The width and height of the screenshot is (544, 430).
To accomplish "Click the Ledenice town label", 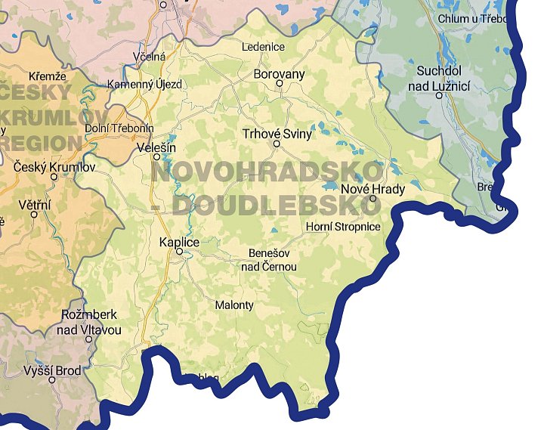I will (x=263, y=47).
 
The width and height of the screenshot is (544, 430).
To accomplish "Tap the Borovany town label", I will (x=279, y=74).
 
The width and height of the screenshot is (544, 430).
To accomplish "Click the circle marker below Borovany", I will (x=279, y=84).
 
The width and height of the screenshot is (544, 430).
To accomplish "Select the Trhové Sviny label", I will (x=277, y=134).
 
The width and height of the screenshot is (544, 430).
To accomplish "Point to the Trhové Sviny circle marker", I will (x=277, y=144).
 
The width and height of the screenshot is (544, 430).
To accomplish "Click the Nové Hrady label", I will (x=373, y=189).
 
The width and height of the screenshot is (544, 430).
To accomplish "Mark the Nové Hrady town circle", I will (x=373, y=199).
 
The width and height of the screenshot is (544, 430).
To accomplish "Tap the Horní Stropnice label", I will (x=343, y=227).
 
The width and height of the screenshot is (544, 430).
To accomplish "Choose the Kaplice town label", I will (x=180, y=242).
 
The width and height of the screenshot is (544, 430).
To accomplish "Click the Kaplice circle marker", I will (x=180, y=252).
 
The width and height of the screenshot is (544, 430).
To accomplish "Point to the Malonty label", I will (x=234, y=305).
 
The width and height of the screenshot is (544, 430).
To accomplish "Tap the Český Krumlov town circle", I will (x=54, y=177).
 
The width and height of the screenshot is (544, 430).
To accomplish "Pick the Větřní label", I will (x=33, y=204).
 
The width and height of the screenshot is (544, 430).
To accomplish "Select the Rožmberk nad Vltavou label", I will (x=88, y=323).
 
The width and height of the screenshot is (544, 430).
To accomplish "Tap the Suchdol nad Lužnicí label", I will (x=444, y=79).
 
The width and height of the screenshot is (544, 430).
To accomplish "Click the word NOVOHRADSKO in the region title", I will (x=267, y=172).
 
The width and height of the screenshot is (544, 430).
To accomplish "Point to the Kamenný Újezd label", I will (x=145, y=84).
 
